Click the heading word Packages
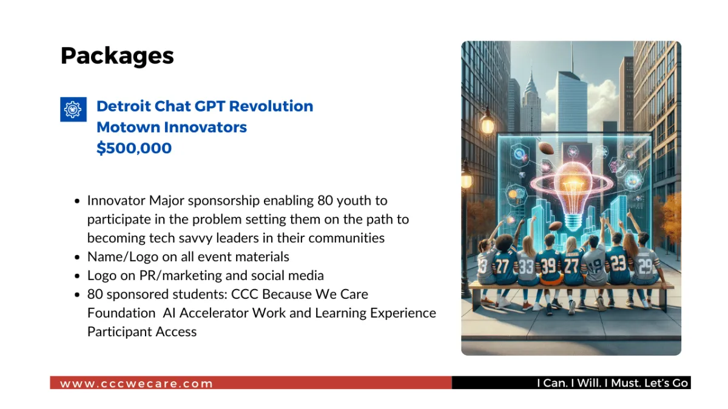[117, 56]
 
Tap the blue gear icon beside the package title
[73, 110]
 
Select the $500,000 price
[134, 148]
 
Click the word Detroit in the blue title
[124, 106]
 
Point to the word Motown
[129, 127]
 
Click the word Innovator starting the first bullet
[116, 201]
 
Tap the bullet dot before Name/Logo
[77, 258]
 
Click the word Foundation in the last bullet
[121, 313]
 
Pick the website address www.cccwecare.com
[136, 384]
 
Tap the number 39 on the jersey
[548, 265]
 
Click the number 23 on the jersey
[618, 263]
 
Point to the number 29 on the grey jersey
[645, 266]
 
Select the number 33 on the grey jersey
[526, 267]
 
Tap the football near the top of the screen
[546, 148]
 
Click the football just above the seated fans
[556, 225]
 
